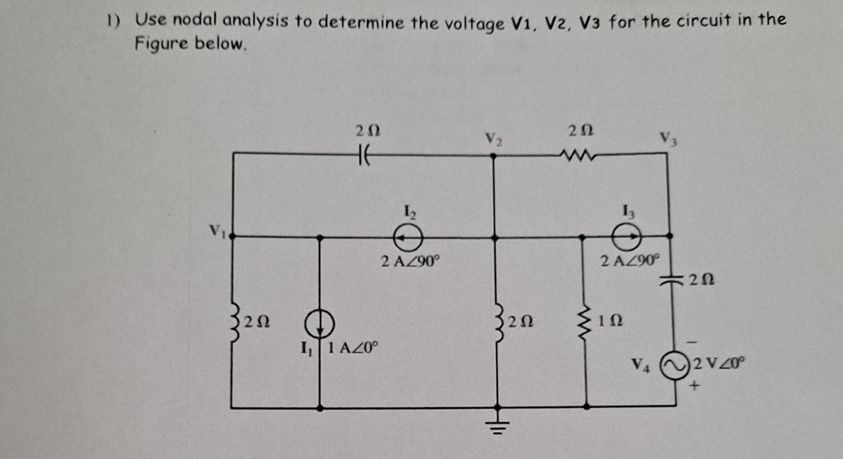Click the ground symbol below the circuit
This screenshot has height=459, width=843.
point(497,424)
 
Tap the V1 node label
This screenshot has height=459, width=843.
point(217,231)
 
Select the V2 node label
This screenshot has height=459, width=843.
point(494,139)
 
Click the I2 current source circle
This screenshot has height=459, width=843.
point(408,238)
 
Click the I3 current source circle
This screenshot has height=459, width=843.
point(627,236)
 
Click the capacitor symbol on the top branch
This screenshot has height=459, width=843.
point(364,155)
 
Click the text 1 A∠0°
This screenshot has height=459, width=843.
point(353,348)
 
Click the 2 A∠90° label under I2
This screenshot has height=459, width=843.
point(410,262)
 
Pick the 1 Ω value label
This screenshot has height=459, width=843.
point(610,321)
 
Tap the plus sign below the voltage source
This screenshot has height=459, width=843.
point(694,387)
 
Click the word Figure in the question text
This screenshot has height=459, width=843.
point(161,43)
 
